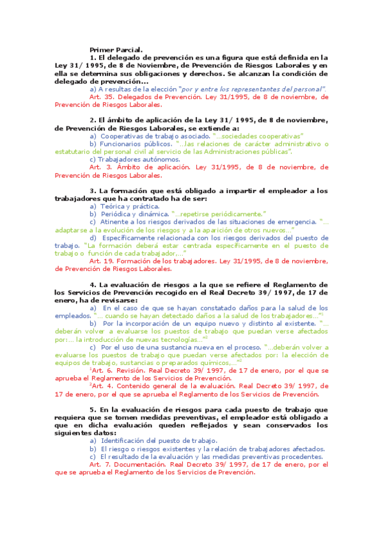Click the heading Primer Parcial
[116, 49]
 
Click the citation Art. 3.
[100, 167]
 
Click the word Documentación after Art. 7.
[142, 465]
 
